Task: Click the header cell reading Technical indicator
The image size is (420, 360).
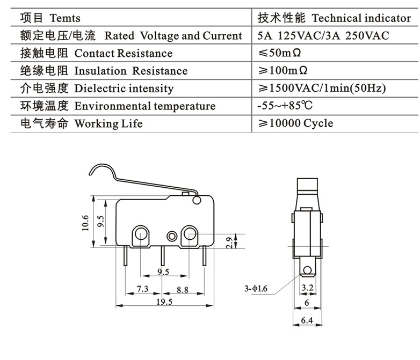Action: point(334,18)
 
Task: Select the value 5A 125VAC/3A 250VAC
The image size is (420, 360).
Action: point(323,36)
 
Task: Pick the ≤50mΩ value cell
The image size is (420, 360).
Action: point(284,53)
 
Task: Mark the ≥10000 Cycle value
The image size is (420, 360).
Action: point(295,123)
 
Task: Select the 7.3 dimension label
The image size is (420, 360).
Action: point(142,289)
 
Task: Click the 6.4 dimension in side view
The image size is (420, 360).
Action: point(307,321)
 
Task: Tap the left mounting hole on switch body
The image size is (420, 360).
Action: point(140,233)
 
